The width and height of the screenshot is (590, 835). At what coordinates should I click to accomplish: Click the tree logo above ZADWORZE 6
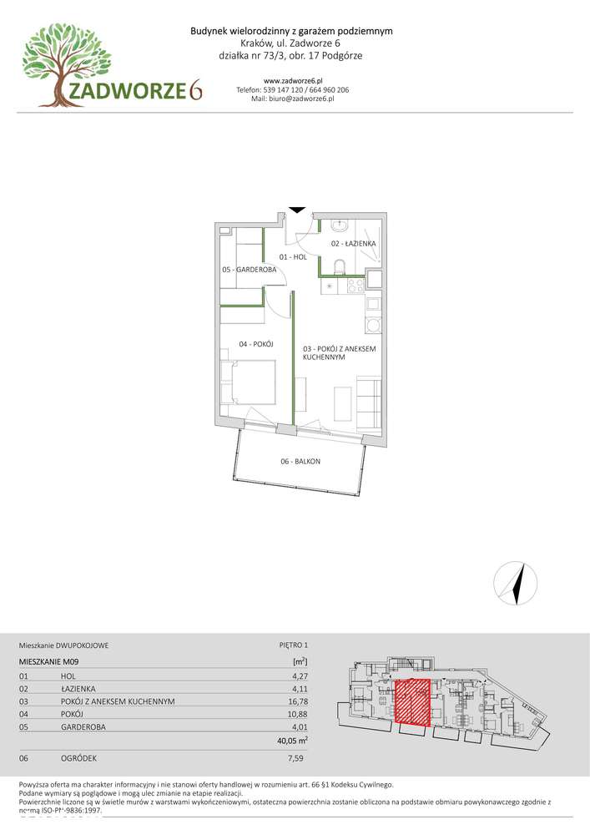(x=66, y=64)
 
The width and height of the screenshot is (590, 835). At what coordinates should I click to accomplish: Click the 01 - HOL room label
(x=293, y=256)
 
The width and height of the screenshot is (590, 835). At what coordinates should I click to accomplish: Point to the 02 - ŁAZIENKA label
(x=353, y=243)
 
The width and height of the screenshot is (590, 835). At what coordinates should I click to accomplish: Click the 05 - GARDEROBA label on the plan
(x=250, y=270)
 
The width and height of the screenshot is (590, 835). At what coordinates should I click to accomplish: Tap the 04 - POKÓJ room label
(x=256, y=344)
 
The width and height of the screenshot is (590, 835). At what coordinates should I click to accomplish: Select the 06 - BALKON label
(x=300, y=462)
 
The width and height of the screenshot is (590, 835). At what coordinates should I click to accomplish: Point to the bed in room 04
(x=249, y=382)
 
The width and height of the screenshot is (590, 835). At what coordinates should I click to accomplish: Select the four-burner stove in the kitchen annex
(x=356, y=286)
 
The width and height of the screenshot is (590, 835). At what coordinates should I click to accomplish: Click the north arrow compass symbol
(x=515, y=583)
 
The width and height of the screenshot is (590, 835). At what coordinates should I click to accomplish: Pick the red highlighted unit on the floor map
(x=412, y=702)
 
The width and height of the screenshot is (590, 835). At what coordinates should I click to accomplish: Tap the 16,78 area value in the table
(x=298, y=701)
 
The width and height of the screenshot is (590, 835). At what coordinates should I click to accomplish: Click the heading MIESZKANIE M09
(x=49, y=661)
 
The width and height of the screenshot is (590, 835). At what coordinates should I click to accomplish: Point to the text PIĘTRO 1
(x=294, y=645)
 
